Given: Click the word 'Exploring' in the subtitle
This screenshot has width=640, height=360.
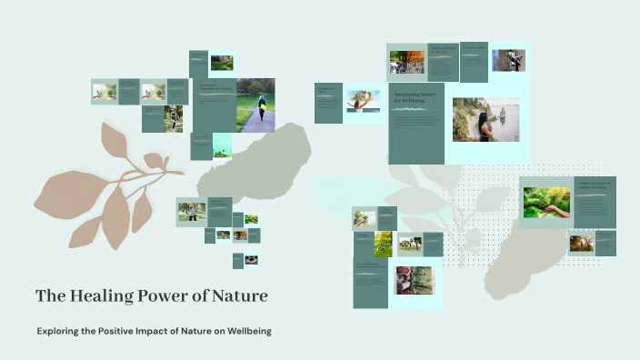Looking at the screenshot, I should point(57,331).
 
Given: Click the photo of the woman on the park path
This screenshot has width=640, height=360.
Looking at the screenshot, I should point(255,105).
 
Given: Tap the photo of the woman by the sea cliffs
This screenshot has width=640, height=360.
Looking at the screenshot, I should point(486,119).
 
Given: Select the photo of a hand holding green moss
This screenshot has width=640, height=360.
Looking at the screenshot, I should point(546,202).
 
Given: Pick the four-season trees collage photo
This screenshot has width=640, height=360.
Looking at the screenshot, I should point(406,62).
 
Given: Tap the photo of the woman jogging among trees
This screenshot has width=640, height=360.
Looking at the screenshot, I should point(173,118).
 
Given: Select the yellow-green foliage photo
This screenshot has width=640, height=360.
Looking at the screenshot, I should point(383,244).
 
